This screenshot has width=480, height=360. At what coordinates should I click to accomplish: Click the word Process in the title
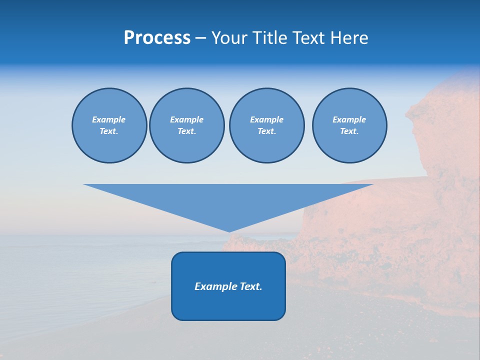(157, 38)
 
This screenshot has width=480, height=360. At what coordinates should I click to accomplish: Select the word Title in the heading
(269, 38)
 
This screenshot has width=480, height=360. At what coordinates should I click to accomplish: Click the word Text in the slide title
(309, 38)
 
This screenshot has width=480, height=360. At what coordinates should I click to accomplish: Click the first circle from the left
(109, 125)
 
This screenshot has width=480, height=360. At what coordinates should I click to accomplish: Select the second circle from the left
(187, 125)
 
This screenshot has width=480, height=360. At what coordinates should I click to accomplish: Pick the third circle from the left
(267, 125)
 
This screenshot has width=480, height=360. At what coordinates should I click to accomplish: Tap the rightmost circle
(349, 125)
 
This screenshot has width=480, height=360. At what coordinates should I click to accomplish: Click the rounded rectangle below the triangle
(228, 300)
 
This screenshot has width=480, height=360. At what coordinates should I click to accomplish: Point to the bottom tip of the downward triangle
(229, 230)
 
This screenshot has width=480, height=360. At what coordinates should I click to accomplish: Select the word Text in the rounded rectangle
(251, 286)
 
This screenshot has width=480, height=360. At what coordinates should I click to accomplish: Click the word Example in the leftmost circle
(109, 119)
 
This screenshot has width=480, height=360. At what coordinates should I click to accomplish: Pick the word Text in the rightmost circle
(349, 131)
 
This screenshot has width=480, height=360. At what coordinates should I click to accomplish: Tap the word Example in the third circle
(267, 119)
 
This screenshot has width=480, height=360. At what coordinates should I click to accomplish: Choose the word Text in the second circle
(187, 131)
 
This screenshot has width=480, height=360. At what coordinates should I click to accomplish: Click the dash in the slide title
(201, 38)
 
